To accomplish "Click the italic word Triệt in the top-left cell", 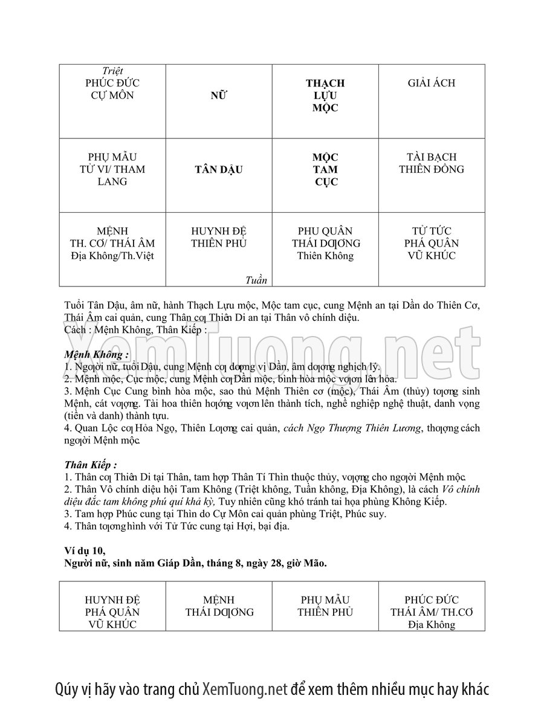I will (x=113, y=71).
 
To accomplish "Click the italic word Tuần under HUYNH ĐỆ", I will (x=256, y=280).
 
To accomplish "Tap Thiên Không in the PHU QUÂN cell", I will (x=325, y=256).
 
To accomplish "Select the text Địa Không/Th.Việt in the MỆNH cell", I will (x=112, y=256).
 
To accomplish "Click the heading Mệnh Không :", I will (x=96, y=355).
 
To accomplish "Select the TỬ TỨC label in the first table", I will (x=432, y=231).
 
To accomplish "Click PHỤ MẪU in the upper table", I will (x=112, y=157).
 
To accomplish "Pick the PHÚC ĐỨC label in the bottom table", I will (x=432, y=600).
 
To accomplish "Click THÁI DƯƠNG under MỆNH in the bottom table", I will (x=219, y=612).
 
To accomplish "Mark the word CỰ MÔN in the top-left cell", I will (x=112, y=95).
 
